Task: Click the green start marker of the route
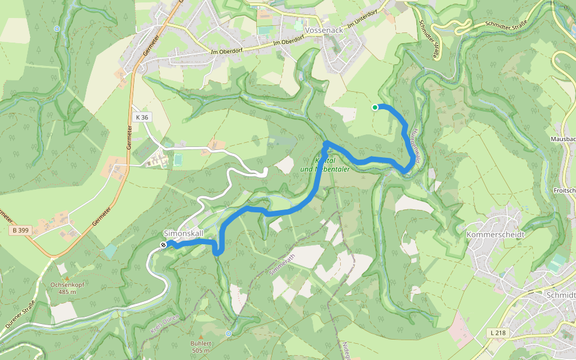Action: [x=375, y=107]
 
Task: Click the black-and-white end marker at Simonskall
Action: [x=163, y=245]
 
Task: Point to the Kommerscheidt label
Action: [x=496, y=234]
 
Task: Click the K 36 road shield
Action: [x=142, y=118]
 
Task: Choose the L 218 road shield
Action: [x=496, y=332]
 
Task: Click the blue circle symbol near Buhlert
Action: [x=229, y=334]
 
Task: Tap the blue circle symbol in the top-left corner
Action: [x=57, y=28]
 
